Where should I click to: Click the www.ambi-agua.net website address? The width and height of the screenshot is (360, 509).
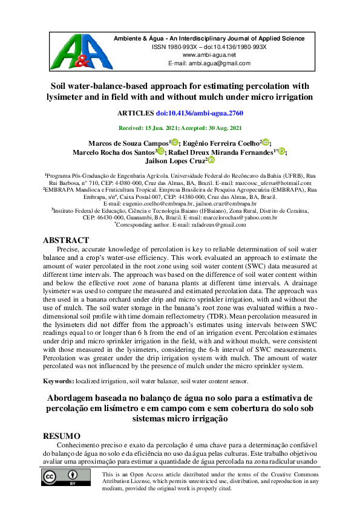(209, 54)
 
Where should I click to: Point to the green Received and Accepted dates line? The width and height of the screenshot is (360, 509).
(180, 128)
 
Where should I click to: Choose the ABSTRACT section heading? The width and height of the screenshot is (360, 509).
(65, 240)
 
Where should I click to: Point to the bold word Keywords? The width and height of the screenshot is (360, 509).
(58, 381)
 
